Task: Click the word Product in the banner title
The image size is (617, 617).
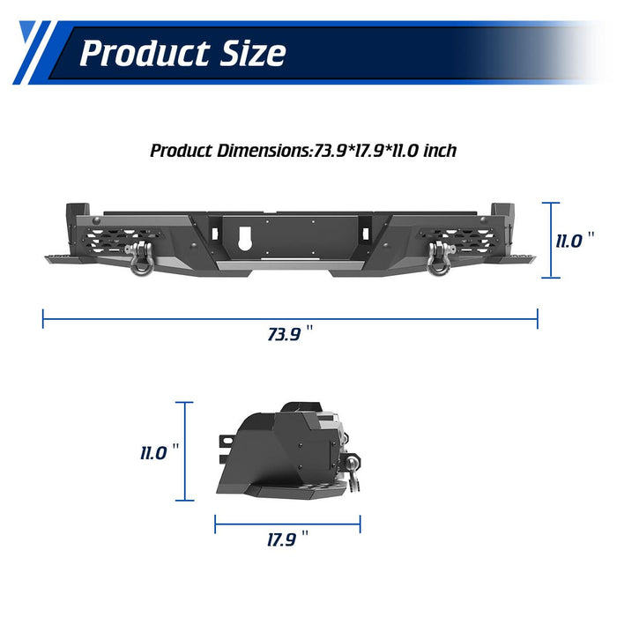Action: click(x=145, y=54)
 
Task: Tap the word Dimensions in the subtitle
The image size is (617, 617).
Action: click(x=264, y=151)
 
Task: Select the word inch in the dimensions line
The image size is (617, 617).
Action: click(x=440, y=151)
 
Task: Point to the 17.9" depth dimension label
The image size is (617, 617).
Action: click(x=287, y=539)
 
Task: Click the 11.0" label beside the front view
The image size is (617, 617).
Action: click(x=575, y=241)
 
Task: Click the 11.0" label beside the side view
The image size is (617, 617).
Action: click(x=160, y=452)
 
